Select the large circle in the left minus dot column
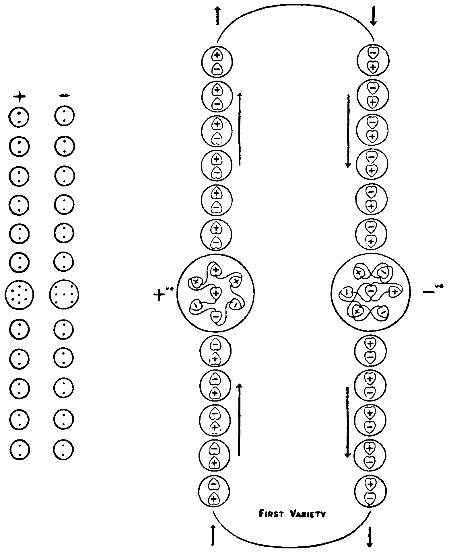click(x=64, y=295)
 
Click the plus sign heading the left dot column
click(x=19, y=97)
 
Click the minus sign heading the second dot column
click(x=64, y=96)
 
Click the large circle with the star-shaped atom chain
click(x=216, y=293)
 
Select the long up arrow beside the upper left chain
click(x=240, y=129)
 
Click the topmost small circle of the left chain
click(x=217, y=61)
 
